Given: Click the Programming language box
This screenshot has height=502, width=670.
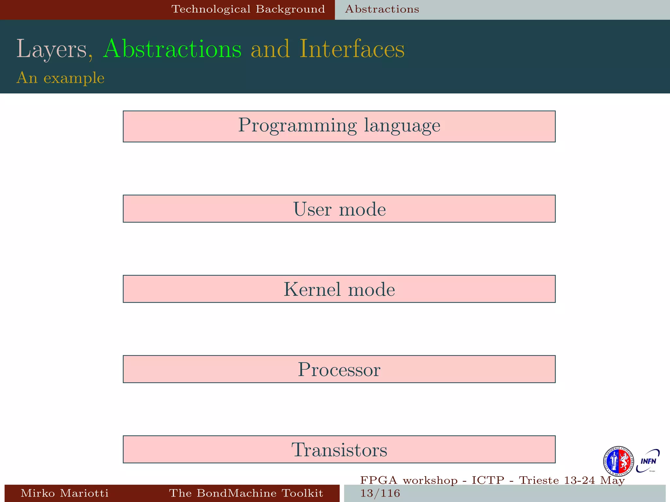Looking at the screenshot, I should (339, 126).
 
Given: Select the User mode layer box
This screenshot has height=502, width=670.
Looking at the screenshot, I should (339, 209).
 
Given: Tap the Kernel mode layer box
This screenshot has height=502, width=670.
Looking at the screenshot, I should (339, 289).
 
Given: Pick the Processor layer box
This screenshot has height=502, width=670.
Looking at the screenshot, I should (339, 369).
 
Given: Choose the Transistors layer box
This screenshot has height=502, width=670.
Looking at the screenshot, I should (339, 449).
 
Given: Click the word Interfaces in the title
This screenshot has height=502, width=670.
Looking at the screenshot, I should (352, 49).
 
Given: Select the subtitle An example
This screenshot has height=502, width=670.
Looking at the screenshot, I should (60, 78).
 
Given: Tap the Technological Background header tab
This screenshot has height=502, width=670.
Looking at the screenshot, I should (248, 9).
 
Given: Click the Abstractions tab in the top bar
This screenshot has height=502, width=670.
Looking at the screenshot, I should (382, 9).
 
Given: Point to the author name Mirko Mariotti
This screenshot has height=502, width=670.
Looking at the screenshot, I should (64, 493).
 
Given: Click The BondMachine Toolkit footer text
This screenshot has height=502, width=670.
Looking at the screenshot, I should (246, 493).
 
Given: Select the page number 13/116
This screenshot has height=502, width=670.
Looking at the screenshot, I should (380, 493).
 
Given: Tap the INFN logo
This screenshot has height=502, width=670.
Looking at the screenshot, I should (648, 461).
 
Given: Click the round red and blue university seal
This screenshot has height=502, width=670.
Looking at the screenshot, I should (618, 461).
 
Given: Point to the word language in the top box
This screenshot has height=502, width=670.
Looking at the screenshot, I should (402, 125).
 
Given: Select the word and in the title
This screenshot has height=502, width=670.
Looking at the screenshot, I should (270, 49).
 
